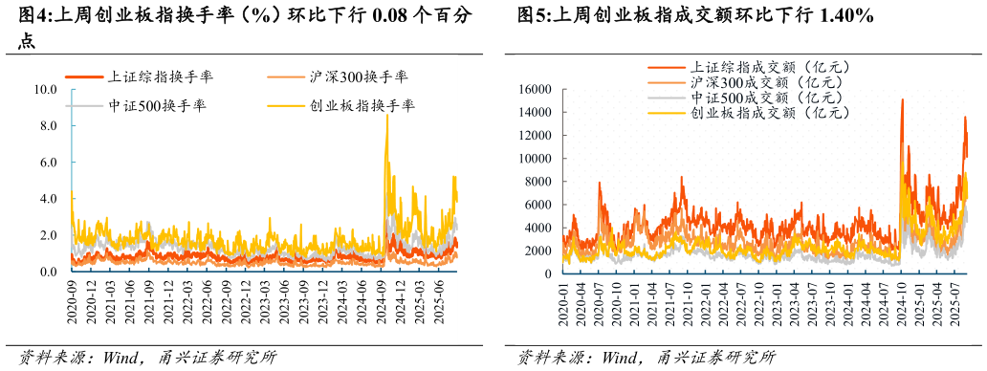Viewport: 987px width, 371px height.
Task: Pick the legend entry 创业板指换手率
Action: point(360,105)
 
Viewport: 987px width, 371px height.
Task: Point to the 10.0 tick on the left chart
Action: point(46,90)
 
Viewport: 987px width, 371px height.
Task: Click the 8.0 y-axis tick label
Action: point(49,126)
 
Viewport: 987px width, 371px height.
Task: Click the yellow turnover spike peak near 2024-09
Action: point(386,116)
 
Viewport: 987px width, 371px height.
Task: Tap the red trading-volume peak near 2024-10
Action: point(902,99)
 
